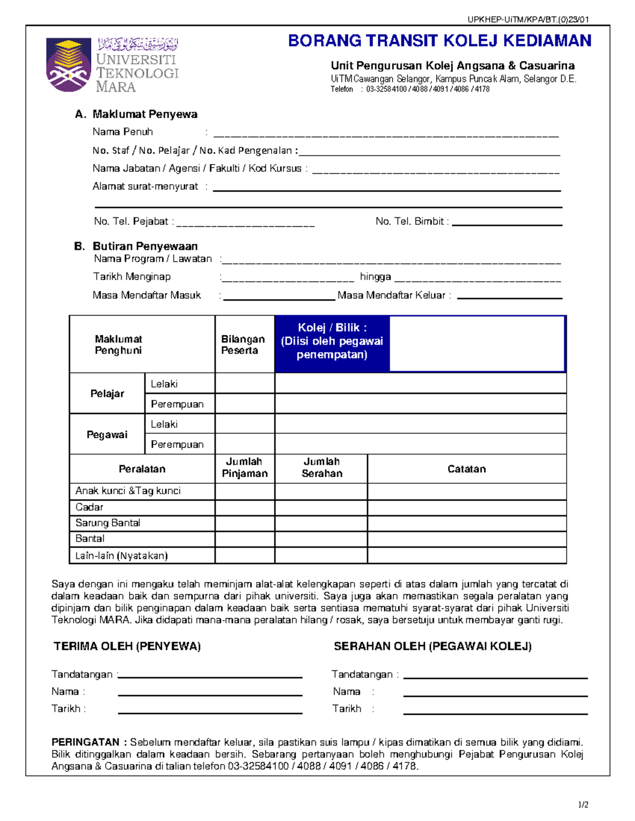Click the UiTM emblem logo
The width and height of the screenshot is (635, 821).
click(68, 64)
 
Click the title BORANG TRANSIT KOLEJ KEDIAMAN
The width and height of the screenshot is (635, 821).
click(439, 41)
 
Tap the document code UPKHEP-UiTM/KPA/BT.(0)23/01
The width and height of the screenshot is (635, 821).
click(528, 20)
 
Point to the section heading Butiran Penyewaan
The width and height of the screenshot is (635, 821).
click(144, 246)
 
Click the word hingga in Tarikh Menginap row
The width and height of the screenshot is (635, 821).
click(375, 276)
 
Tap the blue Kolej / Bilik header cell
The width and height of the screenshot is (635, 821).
click(332, 341)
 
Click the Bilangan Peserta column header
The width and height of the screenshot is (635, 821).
click(243, 345)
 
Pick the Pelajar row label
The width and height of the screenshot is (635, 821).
click(107, 393)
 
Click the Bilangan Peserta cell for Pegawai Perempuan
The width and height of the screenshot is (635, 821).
click(244, 444)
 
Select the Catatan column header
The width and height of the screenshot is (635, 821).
click(466, 469)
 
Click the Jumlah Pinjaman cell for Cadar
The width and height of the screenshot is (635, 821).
click(244, 508)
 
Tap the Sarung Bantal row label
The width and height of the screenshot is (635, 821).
click(108, 523)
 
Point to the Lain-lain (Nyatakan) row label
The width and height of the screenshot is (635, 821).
click(121, 556)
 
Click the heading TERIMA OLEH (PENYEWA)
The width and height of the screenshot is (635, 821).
click(127, 646)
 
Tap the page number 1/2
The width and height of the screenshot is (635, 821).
click(583, 805)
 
